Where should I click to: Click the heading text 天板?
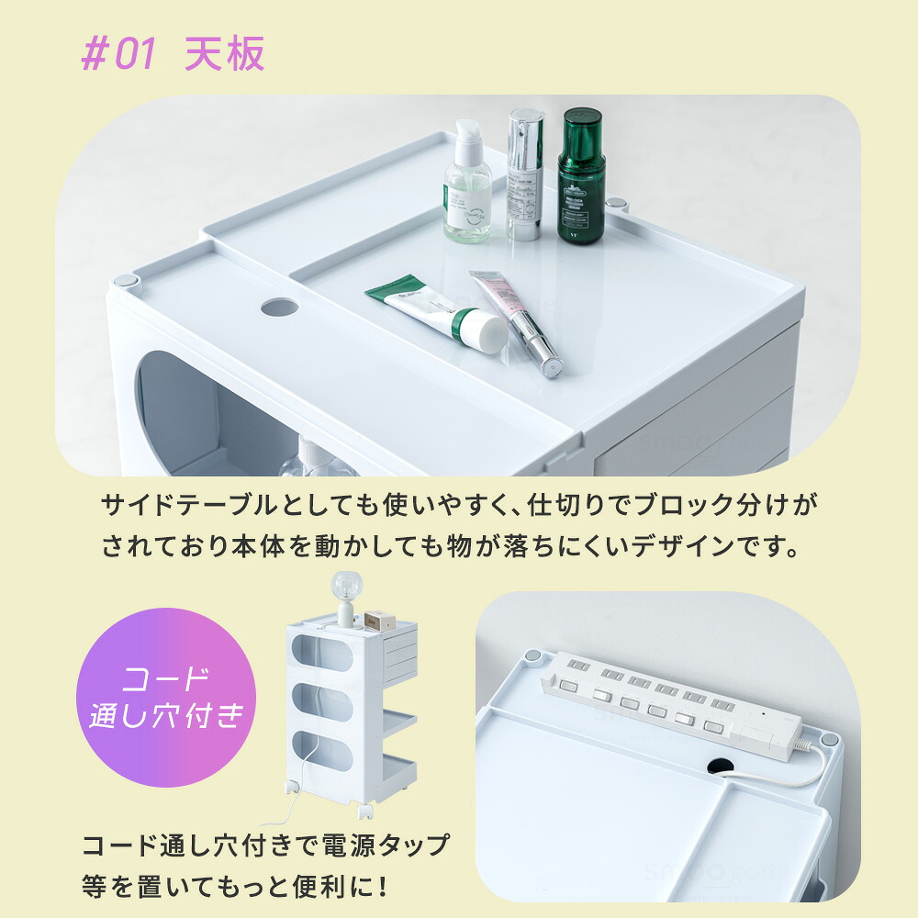225,54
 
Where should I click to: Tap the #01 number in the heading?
118,54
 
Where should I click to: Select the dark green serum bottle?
581,175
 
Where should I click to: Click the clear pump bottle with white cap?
467,182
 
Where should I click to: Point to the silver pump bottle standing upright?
524,174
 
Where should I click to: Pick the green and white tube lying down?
437,314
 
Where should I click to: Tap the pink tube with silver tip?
516,323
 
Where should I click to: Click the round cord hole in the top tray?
280,308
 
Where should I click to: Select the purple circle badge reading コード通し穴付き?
166,698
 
